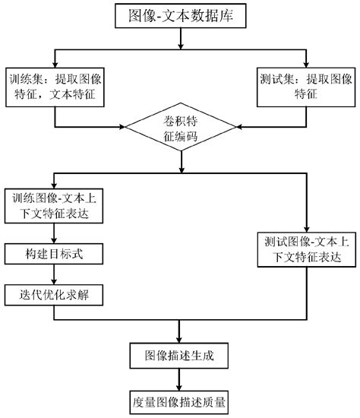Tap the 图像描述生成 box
point(179,354)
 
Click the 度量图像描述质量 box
point(179,400)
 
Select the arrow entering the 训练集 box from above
point(55,59)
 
